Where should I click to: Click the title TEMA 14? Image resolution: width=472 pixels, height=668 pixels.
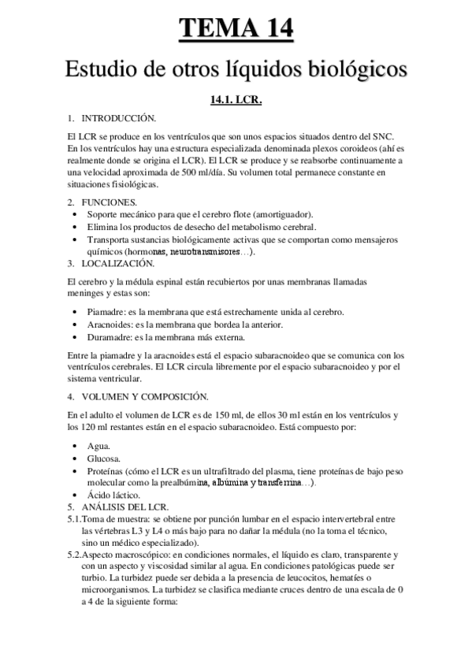tap(236, 29)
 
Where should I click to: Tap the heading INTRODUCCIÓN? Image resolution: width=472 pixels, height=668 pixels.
tap(118, 118)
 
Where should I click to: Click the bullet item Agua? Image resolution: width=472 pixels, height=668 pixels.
tap(98, 446)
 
